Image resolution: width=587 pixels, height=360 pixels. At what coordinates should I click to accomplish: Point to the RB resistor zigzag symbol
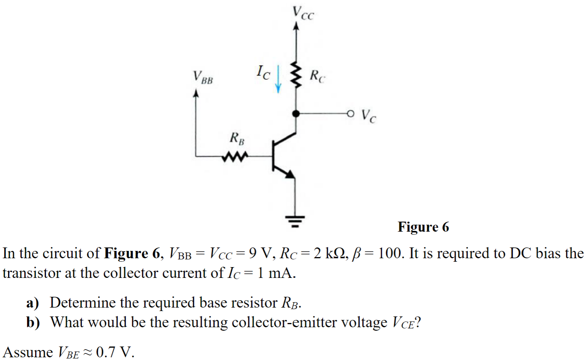(234, 156)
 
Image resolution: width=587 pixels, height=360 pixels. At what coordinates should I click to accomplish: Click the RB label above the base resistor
(237, 138)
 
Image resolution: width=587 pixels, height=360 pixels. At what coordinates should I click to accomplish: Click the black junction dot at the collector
(296, 113)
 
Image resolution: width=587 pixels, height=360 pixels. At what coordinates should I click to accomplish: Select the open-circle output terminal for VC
(350, 113)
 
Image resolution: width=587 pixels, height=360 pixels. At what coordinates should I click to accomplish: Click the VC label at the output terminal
(369, 115)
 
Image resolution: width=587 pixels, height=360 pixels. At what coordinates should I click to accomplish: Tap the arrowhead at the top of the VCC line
(296, 26)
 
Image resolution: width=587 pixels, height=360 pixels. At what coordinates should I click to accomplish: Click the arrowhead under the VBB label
(196, 93)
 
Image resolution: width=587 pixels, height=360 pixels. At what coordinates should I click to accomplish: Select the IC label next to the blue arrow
(263, 72)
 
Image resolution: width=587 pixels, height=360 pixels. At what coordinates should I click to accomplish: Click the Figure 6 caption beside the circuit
(423, 227)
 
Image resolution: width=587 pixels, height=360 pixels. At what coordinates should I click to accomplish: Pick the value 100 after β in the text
(391, 253)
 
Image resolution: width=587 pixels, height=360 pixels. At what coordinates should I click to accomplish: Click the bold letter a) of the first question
(32, 303)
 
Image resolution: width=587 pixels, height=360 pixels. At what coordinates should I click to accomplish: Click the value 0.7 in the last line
(105, 352)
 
